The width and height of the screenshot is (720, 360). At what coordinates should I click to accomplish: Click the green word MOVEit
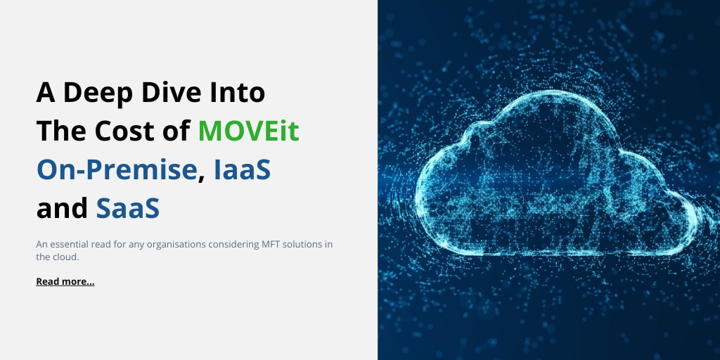point(248,131)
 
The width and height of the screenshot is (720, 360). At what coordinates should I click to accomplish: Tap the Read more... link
point(65,281)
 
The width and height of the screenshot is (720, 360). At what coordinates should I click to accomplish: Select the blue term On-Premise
point(117,170)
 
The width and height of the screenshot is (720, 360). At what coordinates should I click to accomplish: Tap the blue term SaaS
point(127,208)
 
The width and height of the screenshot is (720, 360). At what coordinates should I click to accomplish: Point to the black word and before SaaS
point(62,208)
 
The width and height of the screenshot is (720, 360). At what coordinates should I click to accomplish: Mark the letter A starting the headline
point(46,93)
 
